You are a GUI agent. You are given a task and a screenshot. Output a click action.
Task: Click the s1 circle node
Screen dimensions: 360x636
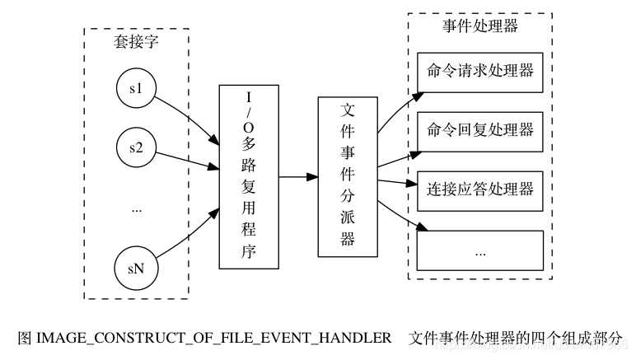point(137,88)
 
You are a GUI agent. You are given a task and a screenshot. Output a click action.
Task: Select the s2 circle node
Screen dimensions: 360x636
point(137,148)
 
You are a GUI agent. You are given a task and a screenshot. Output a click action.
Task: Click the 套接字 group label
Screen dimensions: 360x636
point(137,43)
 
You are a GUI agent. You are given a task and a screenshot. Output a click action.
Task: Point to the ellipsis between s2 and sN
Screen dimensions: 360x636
point(137,209)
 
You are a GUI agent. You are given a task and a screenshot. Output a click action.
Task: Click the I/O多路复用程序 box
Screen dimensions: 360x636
point(249,176)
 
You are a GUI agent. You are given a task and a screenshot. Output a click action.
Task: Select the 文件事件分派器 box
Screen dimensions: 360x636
point(347,176)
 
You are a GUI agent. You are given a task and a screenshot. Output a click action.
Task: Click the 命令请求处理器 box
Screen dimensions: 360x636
point(480,72)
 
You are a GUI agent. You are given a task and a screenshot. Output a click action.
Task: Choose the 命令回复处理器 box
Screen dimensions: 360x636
point(480,131)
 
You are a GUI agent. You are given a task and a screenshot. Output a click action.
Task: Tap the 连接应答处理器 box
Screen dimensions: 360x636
point(480,190)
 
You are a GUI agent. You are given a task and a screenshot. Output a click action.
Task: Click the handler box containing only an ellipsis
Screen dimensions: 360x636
point(480,250)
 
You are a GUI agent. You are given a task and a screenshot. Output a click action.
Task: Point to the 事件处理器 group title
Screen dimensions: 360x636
point(480,26)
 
